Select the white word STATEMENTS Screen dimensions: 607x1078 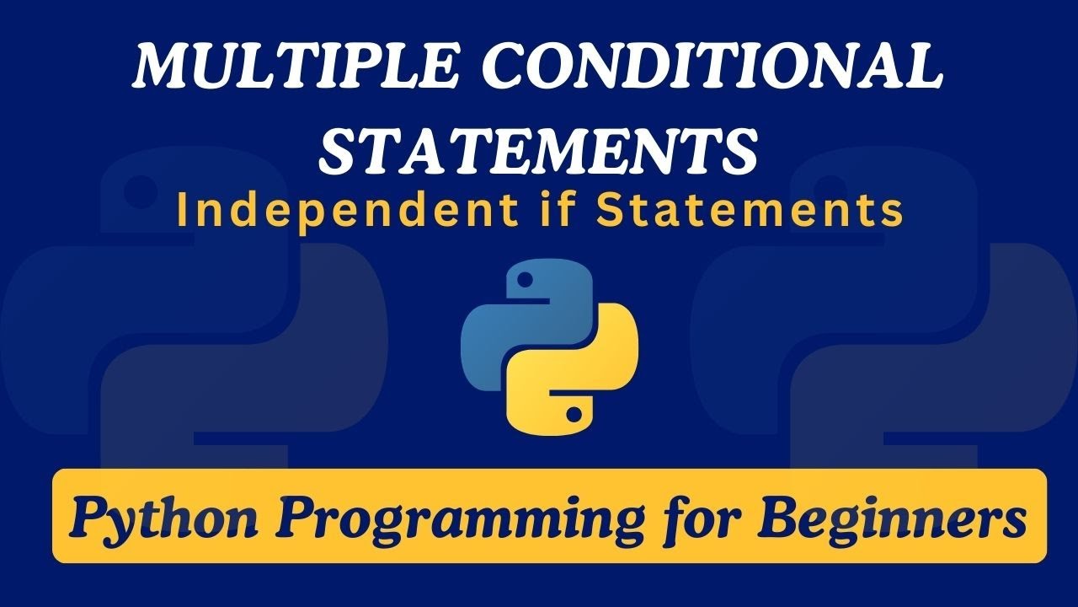[540, 153]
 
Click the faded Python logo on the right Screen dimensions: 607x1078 [876, 320]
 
